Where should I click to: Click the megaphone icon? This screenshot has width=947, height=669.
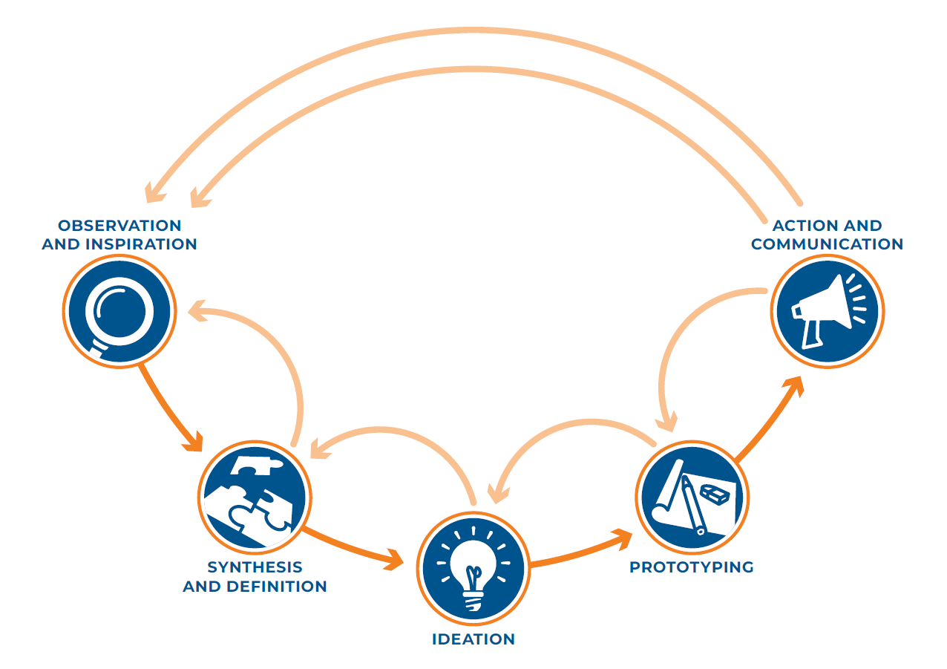[828, 311]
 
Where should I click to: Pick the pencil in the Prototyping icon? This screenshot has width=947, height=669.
[693, 505]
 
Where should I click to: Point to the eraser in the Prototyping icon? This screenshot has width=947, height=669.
[715, 494]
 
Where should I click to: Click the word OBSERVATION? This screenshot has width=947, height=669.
[119, 226]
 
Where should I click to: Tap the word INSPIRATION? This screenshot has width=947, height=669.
[141, 244]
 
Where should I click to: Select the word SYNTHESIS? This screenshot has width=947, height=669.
[255, 567]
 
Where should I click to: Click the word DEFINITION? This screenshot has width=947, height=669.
[277, 587]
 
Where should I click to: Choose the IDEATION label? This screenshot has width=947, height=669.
[473, 639]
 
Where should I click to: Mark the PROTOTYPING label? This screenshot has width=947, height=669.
[692, 567]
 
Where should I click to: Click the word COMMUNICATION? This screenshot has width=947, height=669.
[827, 244]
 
